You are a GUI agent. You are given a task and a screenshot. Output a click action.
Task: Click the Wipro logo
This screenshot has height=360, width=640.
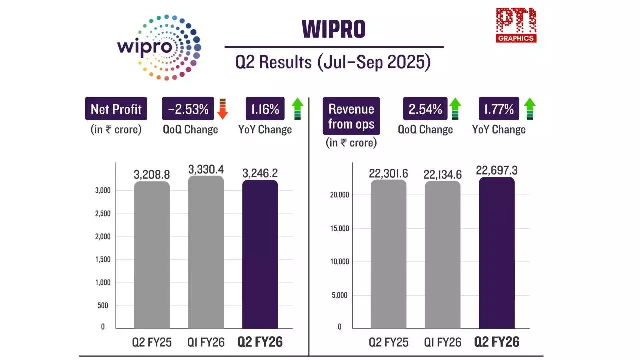click(x=159, y=47)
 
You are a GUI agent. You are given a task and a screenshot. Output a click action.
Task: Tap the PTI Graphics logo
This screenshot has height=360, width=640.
click(x=516, y=25)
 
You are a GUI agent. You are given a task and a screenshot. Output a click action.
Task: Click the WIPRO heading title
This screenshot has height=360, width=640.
click(x=334, y=30)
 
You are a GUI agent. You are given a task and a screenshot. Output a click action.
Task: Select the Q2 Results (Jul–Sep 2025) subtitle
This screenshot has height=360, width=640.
click(x=333, y=63)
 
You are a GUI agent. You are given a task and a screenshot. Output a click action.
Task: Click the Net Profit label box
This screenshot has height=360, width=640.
click(x=116, y=108)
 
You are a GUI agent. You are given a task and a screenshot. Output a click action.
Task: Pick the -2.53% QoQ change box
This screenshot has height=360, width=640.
click(x=188, y=108)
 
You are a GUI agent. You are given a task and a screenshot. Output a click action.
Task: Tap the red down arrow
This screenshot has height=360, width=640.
click(x=223, y=109)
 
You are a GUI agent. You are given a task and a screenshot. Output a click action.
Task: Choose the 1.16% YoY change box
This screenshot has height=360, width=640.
click(x=265, y=108)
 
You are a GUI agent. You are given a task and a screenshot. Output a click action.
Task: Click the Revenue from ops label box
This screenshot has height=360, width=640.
click(x=351, y=116)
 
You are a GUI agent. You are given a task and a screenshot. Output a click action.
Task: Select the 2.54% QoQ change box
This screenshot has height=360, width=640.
click(x=425, y=108)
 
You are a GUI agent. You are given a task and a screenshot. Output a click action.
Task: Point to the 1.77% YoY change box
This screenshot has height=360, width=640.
click(x=499, y=108)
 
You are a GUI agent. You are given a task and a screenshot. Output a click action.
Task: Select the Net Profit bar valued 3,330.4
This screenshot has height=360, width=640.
click(x=206, y=252)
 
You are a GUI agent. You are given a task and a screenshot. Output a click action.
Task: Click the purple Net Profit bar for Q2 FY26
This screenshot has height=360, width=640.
click(x=260, y=255)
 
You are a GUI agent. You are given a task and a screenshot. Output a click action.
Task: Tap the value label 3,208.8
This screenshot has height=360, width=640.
click(x=152, y=175)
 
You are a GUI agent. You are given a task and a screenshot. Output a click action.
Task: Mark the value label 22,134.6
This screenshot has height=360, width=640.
click(x=442, y=174)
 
